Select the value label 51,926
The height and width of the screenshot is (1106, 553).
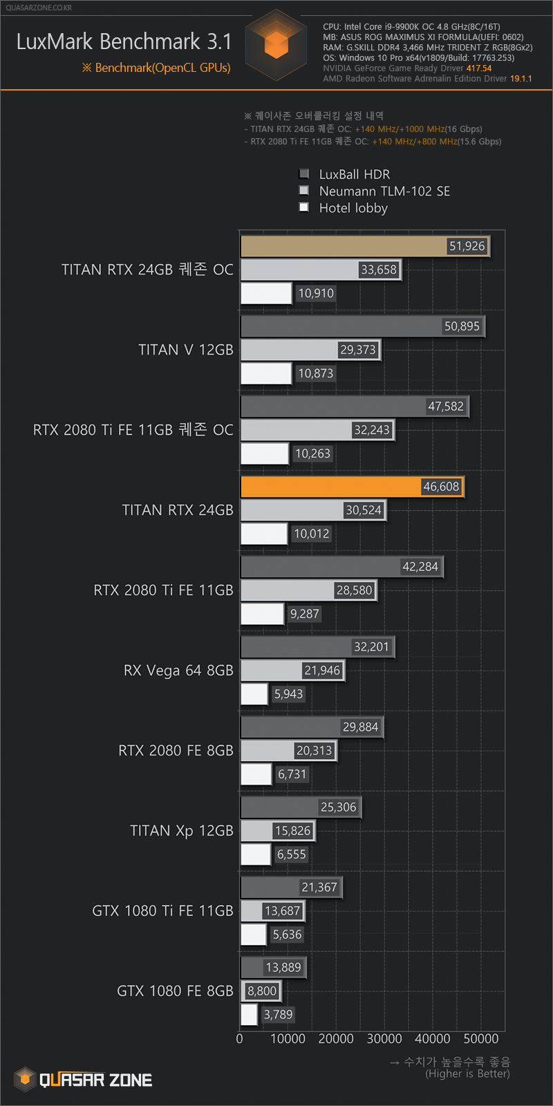(467, 246)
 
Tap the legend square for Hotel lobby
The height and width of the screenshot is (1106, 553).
(303, 207)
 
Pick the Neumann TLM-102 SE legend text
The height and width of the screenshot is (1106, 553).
(384, 191)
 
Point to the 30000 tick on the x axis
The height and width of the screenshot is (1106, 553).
(384, 1038)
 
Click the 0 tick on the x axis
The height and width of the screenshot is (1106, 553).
(240, 1038)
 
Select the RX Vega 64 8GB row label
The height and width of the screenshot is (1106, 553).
(178, 671)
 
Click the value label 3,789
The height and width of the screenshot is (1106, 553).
(278, 1015)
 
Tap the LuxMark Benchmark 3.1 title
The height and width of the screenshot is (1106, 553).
(124, 41)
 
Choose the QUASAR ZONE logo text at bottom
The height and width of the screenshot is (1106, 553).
(95, 1080)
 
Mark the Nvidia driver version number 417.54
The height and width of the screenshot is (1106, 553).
(479, 68)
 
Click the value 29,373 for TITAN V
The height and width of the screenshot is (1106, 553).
(358, 350)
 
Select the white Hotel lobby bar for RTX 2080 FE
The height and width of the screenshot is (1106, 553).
(256, 774)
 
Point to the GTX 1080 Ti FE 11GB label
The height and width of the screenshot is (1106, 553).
(162, 911)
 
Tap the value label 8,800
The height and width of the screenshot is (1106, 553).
(262, 991)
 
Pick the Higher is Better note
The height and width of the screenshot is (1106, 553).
(467, 1074)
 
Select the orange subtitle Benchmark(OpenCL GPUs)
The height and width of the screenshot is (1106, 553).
(157, 68)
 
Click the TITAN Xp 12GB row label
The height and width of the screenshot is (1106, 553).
(182, 831)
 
